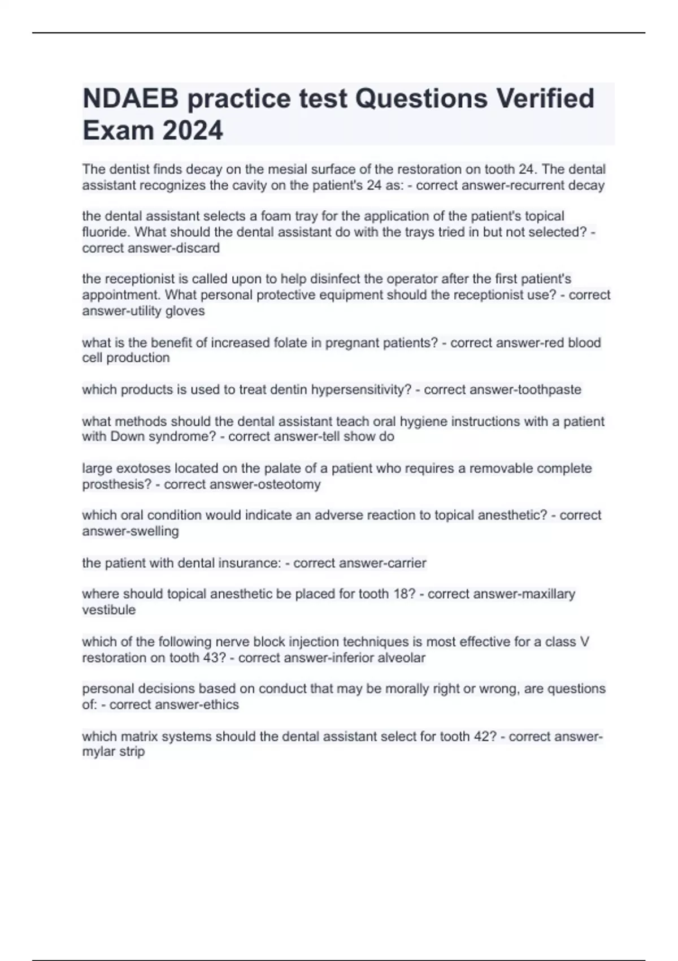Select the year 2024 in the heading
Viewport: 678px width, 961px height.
pos(193,131)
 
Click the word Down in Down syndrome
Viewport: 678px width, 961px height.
pos(124,437)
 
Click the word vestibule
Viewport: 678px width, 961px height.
pos(109,610)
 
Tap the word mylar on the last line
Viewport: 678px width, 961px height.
pos(97,752)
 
